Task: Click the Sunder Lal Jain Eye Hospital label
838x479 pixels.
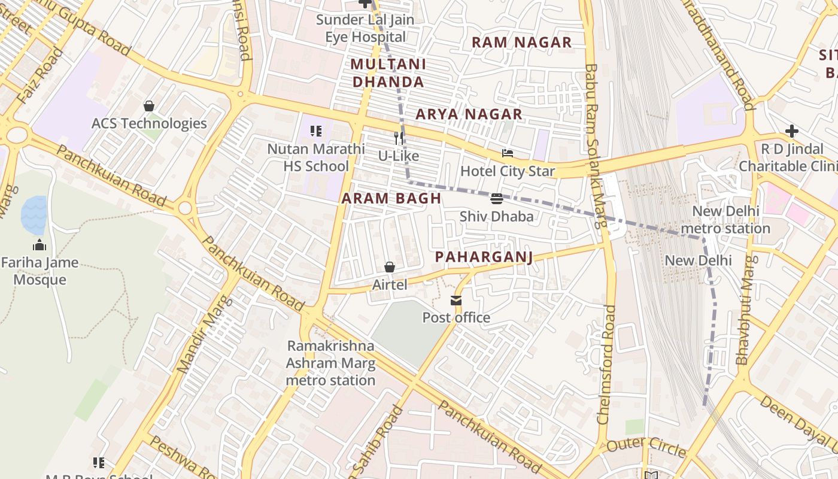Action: tap(365, 28)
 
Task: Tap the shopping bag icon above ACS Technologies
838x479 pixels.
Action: tap(149, 106)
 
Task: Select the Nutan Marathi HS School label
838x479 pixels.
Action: tap(316, 157)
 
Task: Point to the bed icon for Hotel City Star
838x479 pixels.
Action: tap(508, 153)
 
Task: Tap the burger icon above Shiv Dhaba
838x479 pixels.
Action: tap(496, 198)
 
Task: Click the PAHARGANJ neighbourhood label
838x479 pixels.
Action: tap(484, 257)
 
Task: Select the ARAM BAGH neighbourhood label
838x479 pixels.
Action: tap(391, 199)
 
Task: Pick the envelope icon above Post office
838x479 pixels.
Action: tap(456, 300)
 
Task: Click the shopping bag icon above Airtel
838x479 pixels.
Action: tap(390, 267)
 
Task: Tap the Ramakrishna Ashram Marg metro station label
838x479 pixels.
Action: tap(330, 363)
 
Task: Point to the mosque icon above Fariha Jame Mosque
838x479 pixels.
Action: tap(40, 245)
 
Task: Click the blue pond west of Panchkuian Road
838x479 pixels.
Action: tap(34, 215)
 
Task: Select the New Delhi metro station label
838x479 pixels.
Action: tap(725, 220)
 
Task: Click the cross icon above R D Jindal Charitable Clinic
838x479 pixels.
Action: tap(792, 131)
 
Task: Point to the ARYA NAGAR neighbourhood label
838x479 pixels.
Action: tap(469, 114)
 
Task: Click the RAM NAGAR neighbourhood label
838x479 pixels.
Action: tap(521, 43)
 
